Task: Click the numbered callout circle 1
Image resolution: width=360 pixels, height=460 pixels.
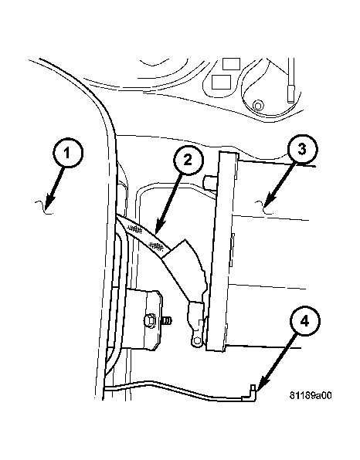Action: (x=68, y=153)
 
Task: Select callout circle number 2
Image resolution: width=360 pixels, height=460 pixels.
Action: (x=188, y=161)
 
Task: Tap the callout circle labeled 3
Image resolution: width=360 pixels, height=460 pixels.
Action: (x=303, y=149)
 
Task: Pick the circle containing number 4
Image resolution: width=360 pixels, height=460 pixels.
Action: (x=305, y=321)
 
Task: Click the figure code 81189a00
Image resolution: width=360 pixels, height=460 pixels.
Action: (x=311, y=395)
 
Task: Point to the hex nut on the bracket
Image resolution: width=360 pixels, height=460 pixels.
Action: (x=151, y=320)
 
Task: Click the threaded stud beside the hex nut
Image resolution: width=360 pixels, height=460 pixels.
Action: (x=167, y=320)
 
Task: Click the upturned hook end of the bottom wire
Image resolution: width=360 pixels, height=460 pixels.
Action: (x=253, y=393)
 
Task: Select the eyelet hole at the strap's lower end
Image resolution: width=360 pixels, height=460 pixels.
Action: (x=197, y=340)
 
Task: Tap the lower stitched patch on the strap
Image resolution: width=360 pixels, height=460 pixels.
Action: (x=157, y=246)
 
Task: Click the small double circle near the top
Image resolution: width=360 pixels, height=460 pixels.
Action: (x=258, y=105)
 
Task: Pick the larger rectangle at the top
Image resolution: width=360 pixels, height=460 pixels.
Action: (x=221, y=82)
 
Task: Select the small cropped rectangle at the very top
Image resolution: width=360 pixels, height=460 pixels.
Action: (x=231, y=63)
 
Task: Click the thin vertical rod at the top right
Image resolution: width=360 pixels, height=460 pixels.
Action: (x=291, y=80)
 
